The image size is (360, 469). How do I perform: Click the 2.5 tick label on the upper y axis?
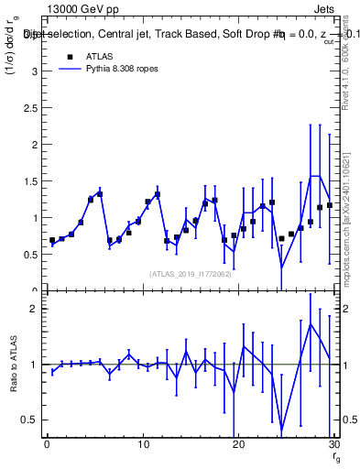coord(29,108)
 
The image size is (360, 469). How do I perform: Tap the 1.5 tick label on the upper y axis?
coord(29,181)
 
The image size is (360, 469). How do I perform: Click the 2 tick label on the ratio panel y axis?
coord(33,309)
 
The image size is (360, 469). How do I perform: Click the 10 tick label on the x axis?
coord(142,443)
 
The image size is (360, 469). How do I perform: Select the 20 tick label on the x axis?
coord(237,443)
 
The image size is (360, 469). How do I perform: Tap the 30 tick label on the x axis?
coord(333,443)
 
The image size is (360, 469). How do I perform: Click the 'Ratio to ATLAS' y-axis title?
coord(13,366)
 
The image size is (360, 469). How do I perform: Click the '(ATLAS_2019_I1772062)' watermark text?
coord(190,273)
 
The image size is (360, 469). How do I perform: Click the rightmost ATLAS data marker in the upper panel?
coord(330,205)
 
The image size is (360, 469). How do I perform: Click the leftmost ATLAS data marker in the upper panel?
coord(52,240)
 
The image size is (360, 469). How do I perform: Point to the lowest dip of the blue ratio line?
coord(281,431)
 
